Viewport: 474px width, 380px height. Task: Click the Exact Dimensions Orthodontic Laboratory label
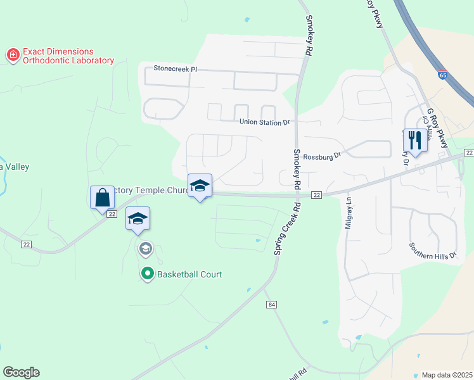[x=68, y=56]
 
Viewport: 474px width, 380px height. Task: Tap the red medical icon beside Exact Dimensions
[x=13, y=56]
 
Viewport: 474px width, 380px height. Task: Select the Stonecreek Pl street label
[x=176, y=68]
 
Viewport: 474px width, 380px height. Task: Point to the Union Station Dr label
[x=264, y=122]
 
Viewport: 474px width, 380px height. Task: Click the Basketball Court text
[x=189, y=274]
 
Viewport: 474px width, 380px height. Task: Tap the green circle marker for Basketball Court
[x=148, y=274]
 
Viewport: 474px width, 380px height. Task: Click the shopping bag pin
[x=102, y=198]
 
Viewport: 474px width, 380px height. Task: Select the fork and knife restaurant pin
[x=415, y=140]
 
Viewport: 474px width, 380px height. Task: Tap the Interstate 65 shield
[x=442, y=74]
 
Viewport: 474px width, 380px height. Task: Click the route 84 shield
[x=271, y=305]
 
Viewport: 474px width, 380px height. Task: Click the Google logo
[x=21, y=372]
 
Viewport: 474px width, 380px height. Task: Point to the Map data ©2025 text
[x=447, y=375]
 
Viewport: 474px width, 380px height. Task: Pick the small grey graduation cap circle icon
[x=146, y=249]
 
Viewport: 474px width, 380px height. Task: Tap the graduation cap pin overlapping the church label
[x=200, y=186]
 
